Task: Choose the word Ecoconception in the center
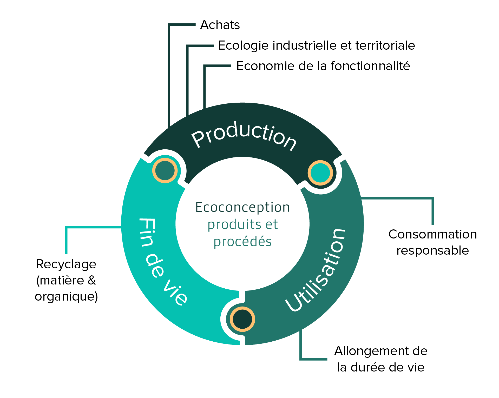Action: (x=242, y=207)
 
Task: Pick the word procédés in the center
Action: (x=242, y=242)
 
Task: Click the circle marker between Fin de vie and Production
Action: (x=165, y=171)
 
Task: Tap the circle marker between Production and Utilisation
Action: (x=320, y=173)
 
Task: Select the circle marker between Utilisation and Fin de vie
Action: (x=242, y=319)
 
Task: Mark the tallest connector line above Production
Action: (x=169, y=75)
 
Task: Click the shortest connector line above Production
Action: (x=205, y=86)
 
